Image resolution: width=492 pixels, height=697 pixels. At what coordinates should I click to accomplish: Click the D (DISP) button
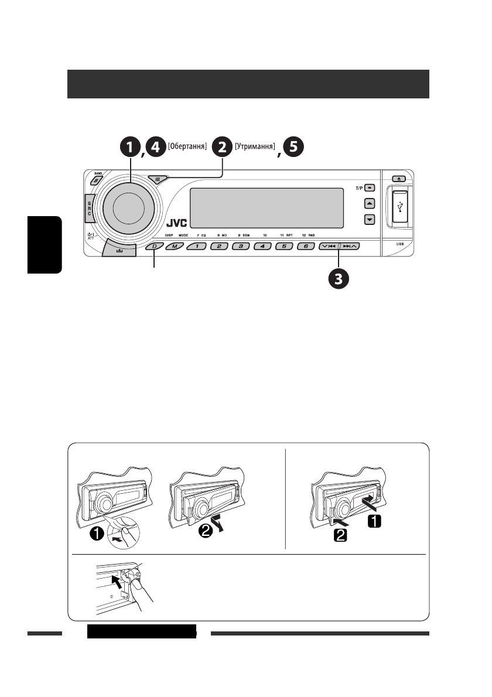[x=155, y=247]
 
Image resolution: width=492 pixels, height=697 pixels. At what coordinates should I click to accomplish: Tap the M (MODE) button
[x=174, y=247]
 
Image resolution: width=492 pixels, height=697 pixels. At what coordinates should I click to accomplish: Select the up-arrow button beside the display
[x=369, y=203]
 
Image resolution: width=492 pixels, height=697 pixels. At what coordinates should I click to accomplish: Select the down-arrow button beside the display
[x=369, y=220]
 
